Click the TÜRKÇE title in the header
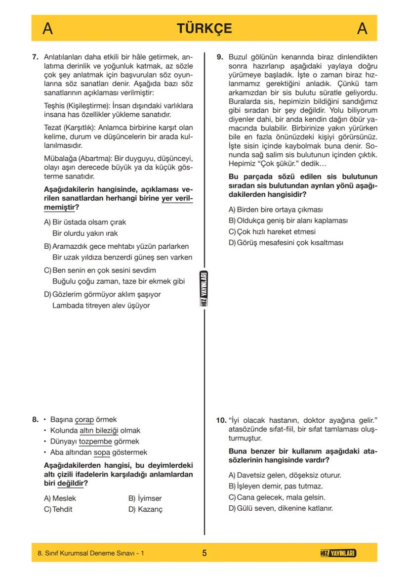[204, 28]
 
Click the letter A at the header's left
[47, 29]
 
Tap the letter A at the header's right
[362, 29]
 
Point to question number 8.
[35, 420]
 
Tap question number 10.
[221, 420]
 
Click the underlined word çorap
[84, 420]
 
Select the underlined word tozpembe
[95, 442]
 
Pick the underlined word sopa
[101, 452]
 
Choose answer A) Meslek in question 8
[60, 498]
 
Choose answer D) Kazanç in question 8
[145, 509]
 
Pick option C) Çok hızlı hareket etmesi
[272, 231]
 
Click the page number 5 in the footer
[204, 553]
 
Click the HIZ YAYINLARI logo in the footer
[338, 553]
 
